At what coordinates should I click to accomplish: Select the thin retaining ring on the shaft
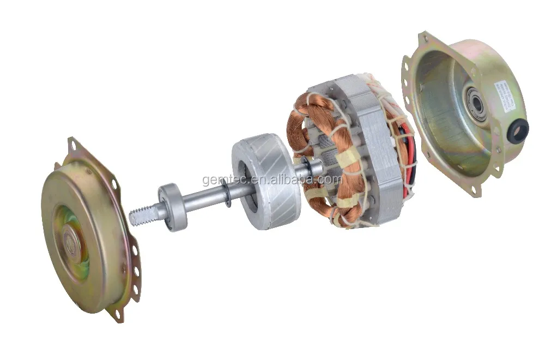(x=226, y=195)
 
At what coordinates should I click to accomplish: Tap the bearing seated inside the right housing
(x=476, y=104)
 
